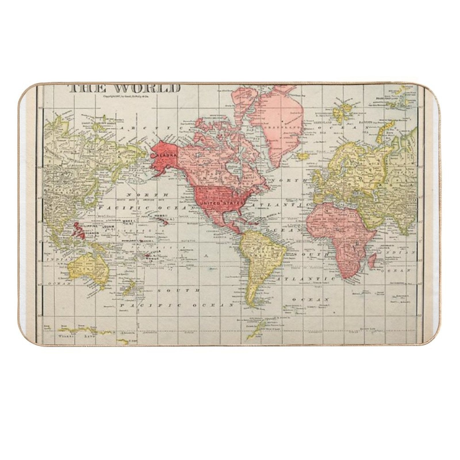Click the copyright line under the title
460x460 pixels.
pos(125,97)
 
